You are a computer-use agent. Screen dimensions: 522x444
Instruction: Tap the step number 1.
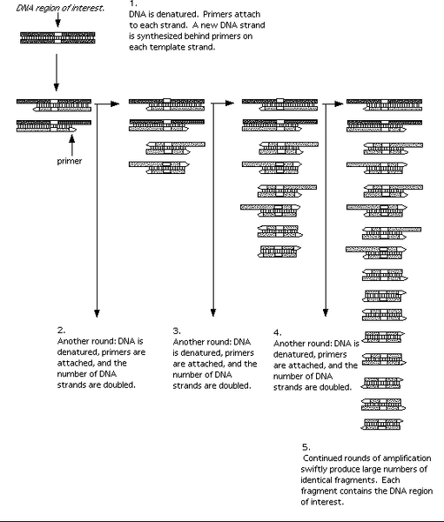pos(132,4)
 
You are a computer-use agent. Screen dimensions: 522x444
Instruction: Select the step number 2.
pos(60,331)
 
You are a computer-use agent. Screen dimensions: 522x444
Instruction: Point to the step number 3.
pos(177,331)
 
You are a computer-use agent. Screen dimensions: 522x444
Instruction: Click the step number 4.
pos(277,332)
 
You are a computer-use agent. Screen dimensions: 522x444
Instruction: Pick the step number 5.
pos(306,446)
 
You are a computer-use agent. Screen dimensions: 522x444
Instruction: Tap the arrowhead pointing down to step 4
pos(325,316)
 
